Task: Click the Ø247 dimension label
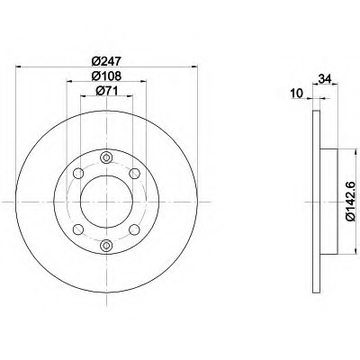[x=106, y=61]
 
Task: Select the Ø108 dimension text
[x=106, y=76]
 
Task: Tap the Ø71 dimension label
[x=106, y=91]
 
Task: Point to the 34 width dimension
[x=325, y=79]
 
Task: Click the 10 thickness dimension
[x=296, y=94]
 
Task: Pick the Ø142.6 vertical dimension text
[x=354, y=202]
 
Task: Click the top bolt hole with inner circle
[x=106, y=157]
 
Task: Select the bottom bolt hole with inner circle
[x=106, y=245]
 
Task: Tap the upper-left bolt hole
[x=78, y=174]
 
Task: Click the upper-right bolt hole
[x=134, y=173]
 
